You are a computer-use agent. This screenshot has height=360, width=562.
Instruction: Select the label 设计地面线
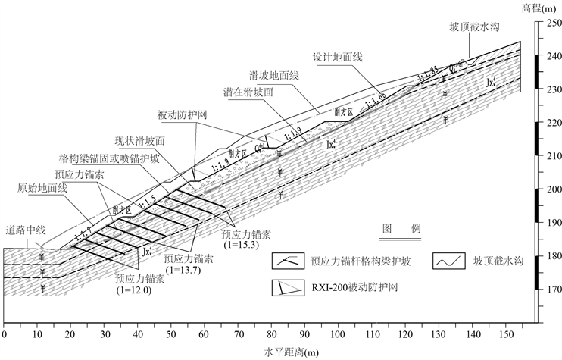click(x=336, y=58)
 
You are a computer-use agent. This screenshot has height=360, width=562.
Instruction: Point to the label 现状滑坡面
click(x=140, y=141)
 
